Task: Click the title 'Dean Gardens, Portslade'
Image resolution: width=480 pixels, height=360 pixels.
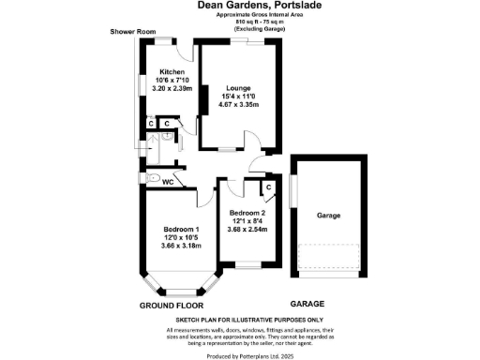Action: click(239, 5)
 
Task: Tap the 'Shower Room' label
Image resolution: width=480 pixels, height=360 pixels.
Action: click(131, 32)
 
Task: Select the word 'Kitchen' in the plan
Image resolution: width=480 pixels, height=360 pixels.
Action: click(172, 72)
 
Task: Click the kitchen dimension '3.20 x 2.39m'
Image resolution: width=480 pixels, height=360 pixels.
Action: click(172, 87)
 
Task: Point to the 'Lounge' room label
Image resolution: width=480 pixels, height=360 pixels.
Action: click(237, 88)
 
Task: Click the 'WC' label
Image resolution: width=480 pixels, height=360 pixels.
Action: click(169, 182)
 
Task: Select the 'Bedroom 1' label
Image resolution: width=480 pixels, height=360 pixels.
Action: click(181, 230)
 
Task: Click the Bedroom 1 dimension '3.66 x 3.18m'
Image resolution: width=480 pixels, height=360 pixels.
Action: click(181, 246)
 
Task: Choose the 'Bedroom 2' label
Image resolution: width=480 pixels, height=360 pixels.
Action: click(247, 213)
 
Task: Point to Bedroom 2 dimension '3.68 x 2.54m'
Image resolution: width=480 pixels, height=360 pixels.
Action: click(247, 229)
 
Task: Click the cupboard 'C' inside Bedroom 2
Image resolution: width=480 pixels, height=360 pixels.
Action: click(268, 187)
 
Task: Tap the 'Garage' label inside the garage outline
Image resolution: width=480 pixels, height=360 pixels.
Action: click(327, 216)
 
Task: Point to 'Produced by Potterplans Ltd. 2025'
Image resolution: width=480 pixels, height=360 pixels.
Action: click(239, 355)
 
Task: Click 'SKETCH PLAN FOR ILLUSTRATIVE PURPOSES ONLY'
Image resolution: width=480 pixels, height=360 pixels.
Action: click(239, 321)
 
